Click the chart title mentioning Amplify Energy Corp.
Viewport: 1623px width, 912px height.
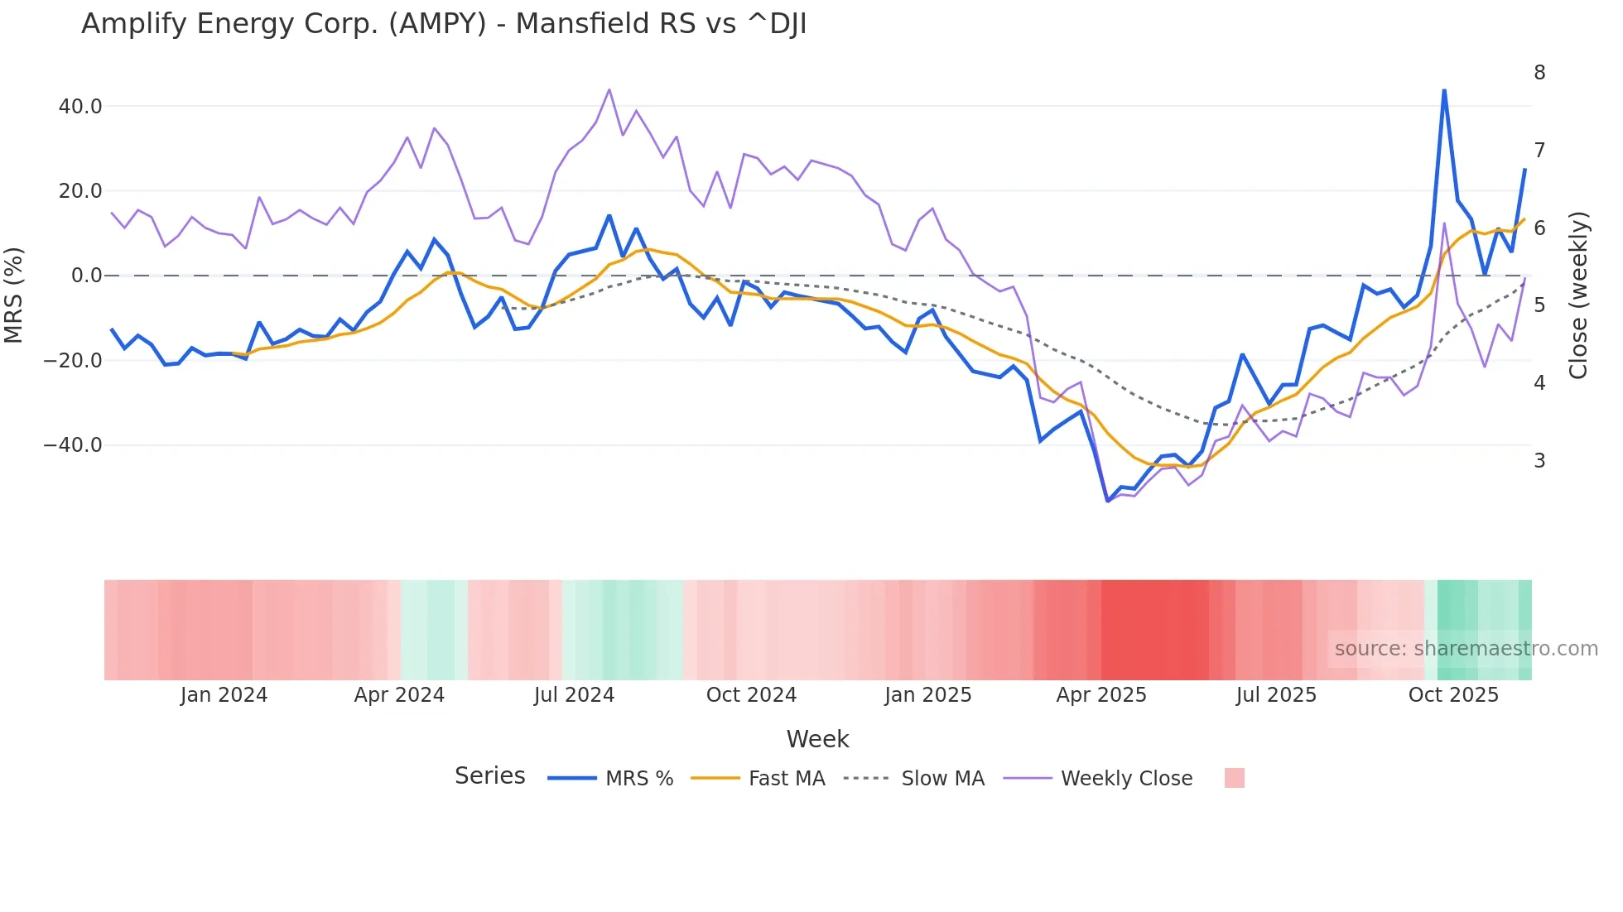(444, 23)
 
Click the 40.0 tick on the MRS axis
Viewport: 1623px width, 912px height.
(80, 106)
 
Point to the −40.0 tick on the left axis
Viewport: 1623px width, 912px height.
(74, 445)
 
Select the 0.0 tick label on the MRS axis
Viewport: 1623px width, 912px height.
(87, 276)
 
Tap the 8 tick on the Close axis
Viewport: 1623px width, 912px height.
(1539, 73)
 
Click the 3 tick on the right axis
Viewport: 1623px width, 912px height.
(1539, 460)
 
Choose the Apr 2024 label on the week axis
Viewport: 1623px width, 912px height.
(399, 695)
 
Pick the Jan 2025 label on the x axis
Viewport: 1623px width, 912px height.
(927, 695)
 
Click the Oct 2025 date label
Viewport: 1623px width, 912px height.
(1453, 695)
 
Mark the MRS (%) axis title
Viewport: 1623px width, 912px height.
(14, 295)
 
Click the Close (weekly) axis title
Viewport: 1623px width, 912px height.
(1579, 295)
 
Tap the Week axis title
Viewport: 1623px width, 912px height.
(817, 739)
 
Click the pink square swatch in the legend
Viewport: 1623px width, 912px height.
(1234, 778)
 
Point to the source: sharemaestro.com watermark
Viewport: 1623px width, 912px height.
(1466, 648)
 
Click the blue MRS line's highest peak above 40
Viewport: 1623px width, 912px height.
(1444, 90)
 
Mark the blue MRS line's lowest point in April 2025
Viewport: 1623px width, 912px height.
(1108, 501)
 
